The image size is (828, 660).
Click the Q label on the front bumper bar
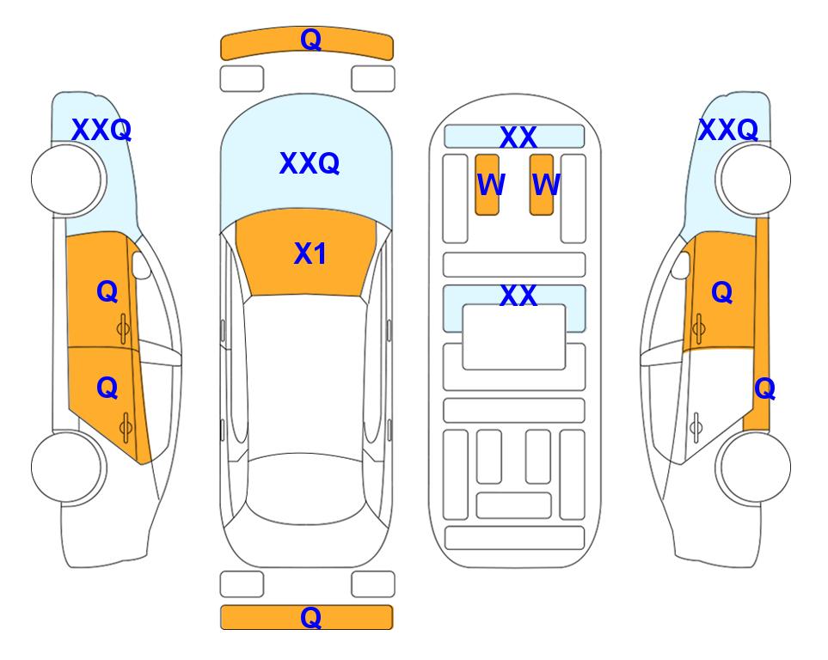pyautogui.click(x=310, y=40)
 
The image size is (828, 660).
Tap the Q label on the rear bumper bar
pyautogui.click(x=310, y=617)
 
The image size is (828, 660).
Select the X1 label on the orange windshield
pyautogui.click(x=310, y=254)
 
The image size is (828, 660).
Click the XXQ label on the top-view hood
pyautogui.click(x=310, y=163)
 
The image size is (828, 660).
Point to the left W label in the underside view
pyautogui.click(x=491, y=185)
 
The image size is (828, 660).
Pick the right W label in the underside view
pyautogui.click(x=546, y=185)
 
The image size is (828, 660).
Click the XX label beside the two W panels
pyautogui.click(x=518, y=137)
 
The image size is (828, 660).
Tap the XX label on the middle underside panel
pyautogui.click(x=518, y=295)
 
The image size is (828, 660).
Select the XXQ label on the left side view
pyautogui.click(x=101, y=130)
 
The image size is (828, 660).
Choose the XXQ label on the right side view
pyautogui.click(x=728, y=130)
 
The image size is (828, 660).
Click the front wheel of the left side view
pyautogui.click(x=66, y=180)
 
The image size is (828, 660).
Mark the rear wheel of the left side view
pyautogui.click(x=66, y=467)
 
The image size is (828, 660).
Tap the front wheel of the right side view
pyautogui.click(x=755, y=180)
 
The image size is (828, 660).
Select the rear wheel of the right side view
pyautogui.click(x=755, y=467)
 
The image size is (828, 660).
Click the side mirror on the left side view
pyautogui.click(x=141, y=265)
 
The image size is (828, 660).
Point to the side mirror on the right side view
pyautogui.click(x=681, y=265)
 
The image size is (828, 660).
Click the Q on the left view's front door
pyautogui.click(x=107, y=291)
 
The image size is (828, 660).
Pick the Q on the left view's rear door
pyautogui.click(x=107, y=388)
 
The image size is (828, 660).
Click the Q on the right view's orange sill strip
pyautogui.click(x=764, y=389)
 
